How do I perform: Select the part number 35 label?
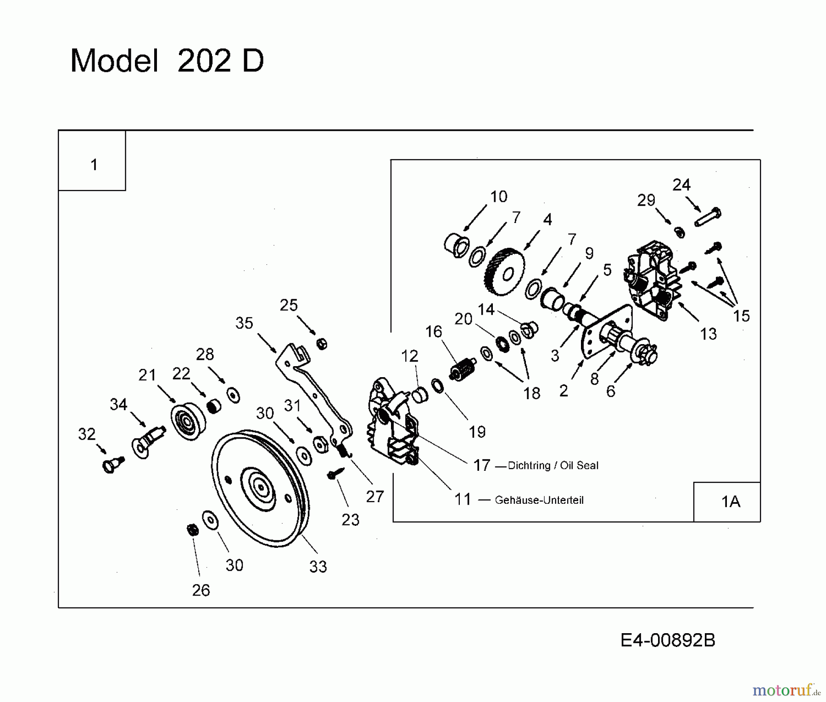click(244, 323)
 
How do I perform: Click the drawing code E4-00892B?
click(668, 640)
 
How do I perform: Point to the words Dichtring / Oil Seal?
click(553, 465)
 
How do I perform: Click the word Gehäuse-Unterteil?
click(539, 500)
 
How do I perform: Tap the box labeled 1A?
click(731, 501)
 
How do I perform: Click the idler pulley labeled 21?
click(188, 421)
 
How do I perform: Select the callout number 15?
click(741, 316)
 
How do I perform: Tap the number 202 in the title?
click(203, 61)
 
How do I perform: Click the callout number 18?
click(532, 393)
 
